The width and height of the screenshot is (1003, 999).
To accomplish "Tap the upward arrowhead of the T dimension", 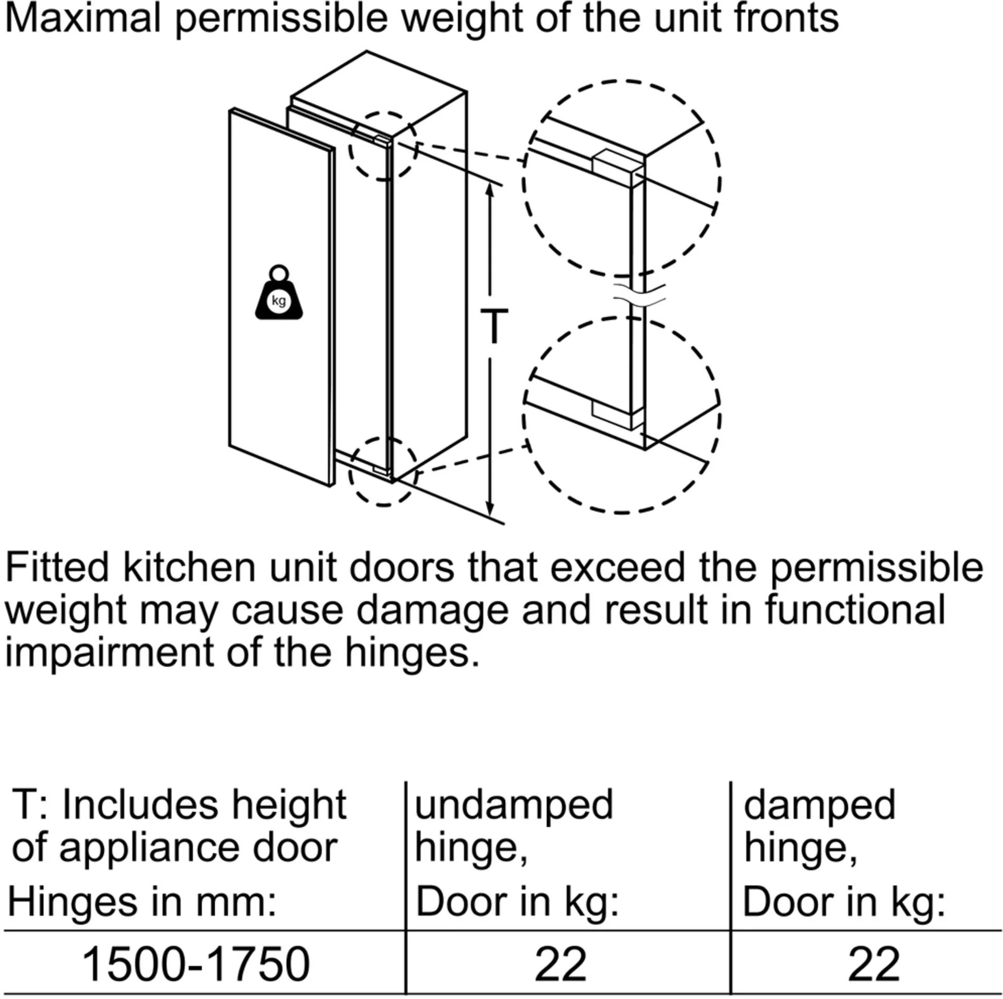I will point(489,190).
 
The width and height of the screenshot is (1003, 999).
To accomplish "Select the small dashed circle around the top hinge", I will point(383,146).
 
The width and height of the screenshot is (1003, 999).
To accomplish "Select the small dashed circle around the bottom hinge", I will point(383,471).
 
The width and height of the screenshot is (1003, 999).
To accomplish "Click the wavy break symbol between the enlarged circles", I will point(639,295).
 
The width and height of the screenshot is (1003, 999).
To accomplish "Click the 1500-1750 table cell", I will point(196,964).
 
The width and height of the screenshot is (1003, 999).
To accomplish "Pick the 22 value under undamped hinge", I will point(560,964).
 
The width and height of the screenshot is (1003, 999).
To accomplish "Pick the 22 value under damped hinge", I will point(874,964).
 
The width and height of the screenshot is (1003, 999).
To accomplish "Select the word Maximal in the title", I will point(83,18).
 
